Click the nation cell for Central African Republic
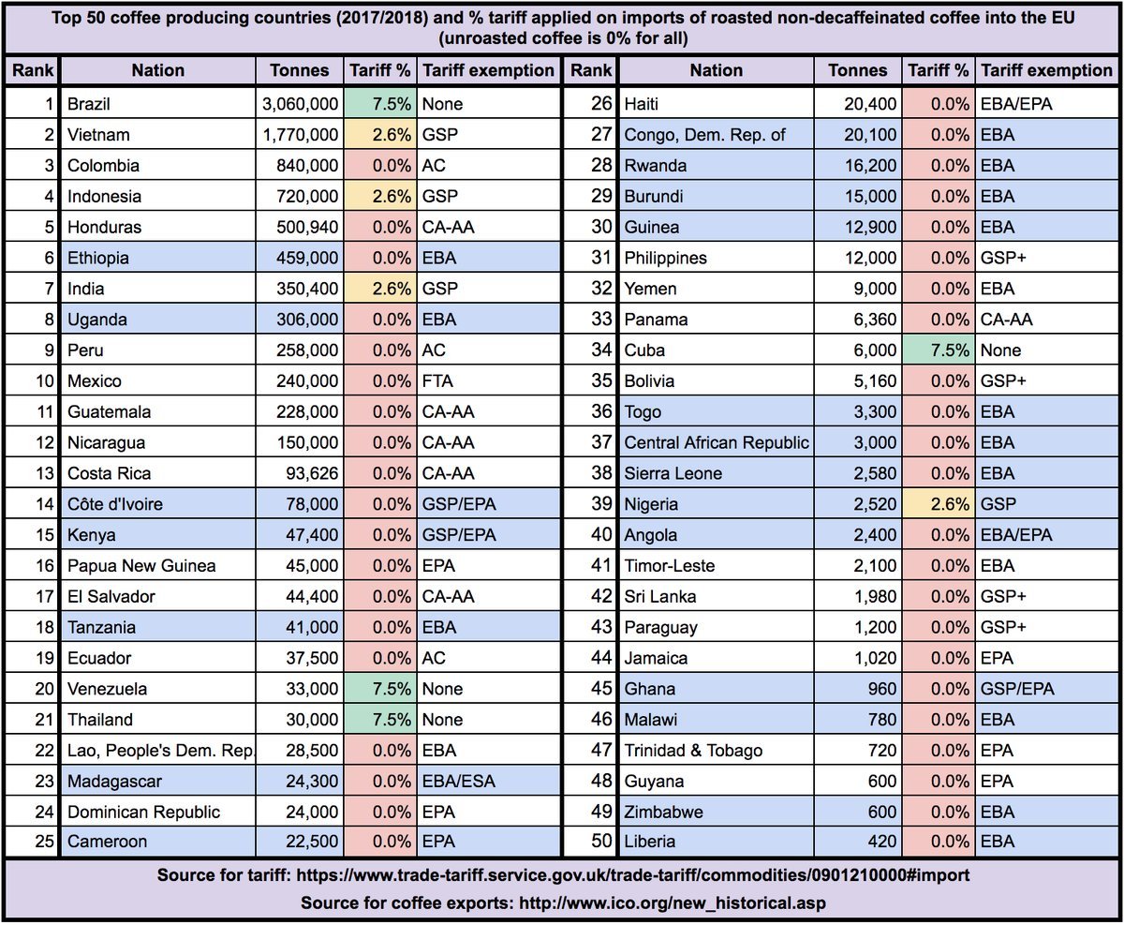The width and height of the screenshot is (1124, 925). [x=717, y=442]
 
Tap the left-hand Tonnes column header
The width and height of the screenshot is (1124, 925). [x=300, y=70]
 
